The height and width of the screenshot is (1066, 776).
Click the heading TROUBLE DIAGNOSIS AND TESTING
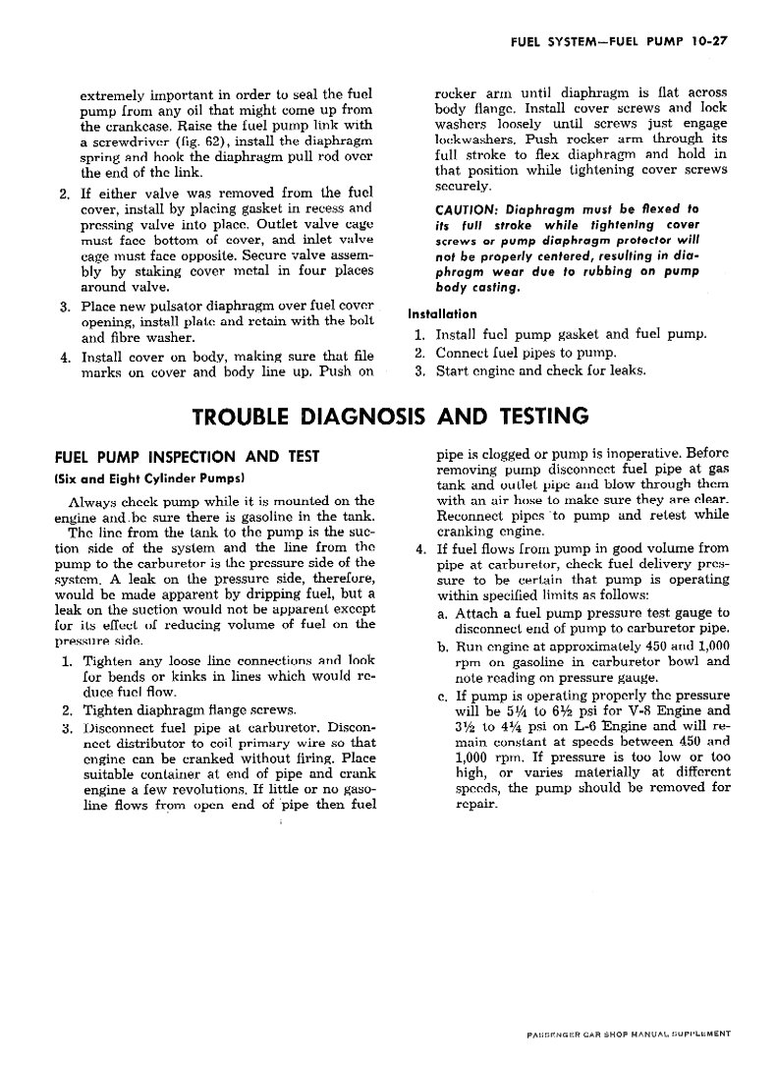point(389,417)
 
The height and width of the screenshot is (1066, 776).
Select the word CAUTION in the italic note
point(469,210)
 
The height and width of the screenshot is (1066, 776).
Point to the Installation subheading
point(442,314)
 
